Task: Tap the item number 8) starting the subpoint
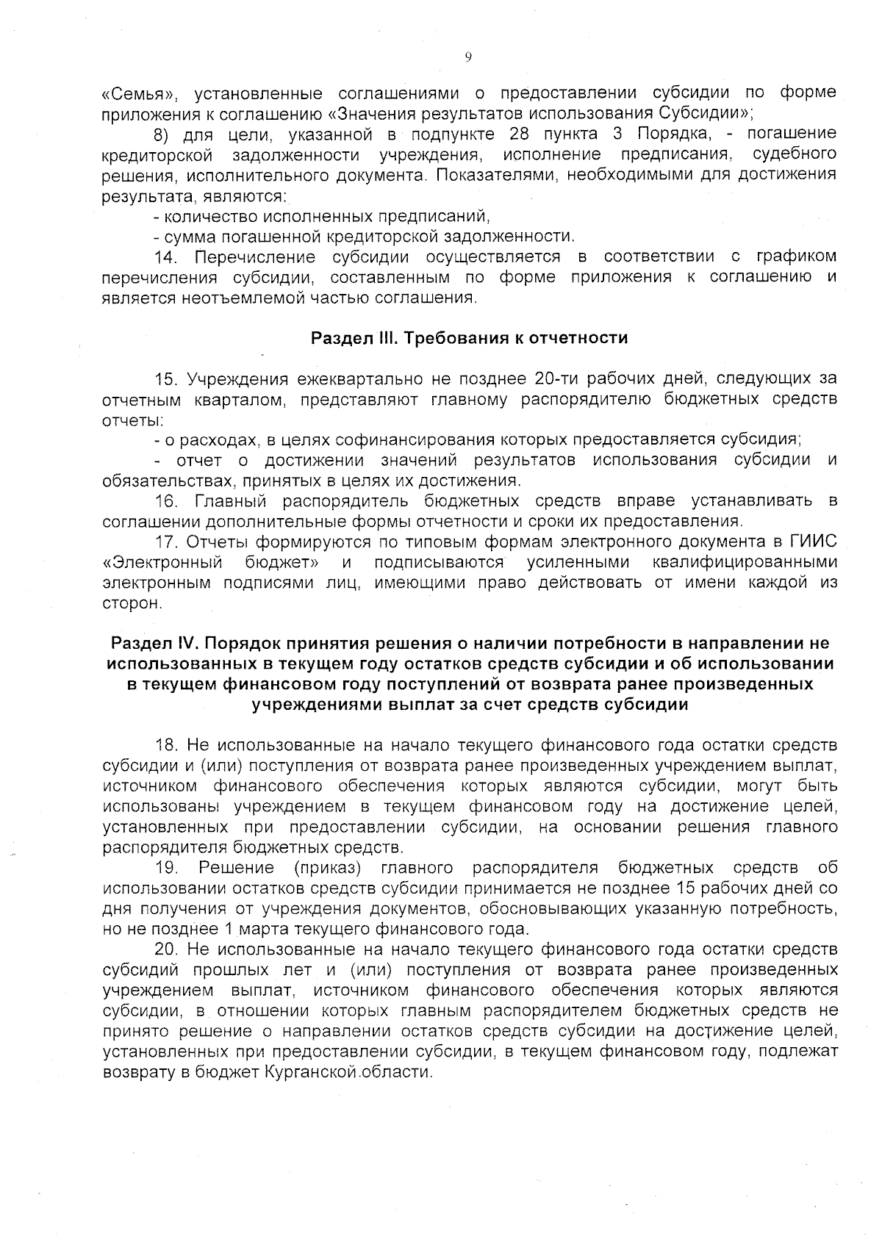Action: click(162, 134)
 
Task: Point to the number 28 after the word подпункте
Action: click(520, 134)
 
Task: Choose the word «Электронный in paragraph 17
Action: click(162, 563)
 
